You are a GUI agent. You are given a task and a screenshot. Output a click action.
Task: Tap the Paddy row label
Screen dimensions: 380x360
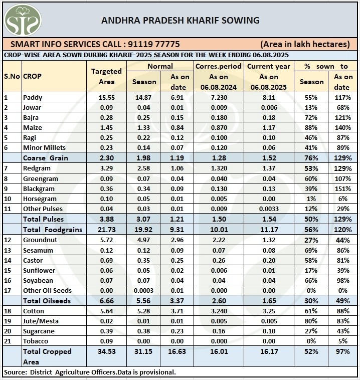[x=33, y=98]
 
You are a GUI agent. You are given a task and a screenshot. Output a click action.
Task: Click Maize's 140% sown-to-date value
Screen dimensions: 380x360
[x=343, y=128]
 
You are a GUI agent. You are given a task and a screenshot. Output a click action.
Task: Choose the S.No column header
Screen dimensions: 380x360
[x=11, y=77]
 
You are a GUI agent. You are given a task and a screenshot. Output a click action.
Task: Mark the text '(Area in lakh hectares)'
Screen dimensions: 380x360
[x=305, y=44]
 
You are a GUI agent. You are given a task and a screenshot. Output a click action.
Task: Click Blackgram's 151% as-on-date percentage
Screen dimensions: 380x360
[x=343, y=188]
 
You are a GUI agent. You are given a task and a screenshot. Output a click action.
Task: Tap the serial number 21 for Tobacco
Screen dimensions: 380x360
[x=7, y=341]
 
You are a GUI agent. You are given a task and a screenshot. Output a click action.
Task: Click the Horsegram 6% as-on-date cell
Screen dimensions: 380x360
[x=343, y=199]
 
